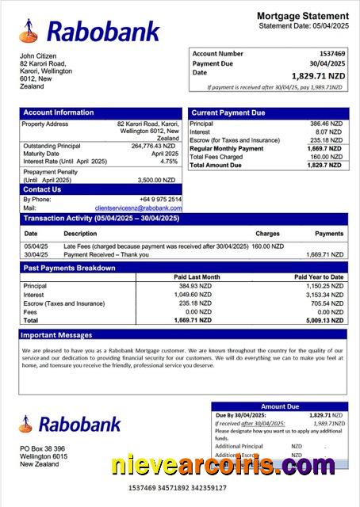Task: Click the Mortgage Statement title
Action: pos(302,16)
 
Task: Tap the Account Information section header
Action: pos(59,112)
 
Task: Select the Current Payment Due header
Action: pos(228,113)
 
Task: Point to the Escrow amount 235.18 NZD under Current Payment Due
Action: pos(326,140)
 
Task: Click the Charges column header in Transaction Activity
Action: pos(267,234)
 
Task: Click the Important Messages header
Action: pos(57,335)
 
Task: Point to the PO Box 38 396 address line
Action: pos(43,448)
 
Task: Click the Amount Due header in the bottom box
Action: pos(280,406)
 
